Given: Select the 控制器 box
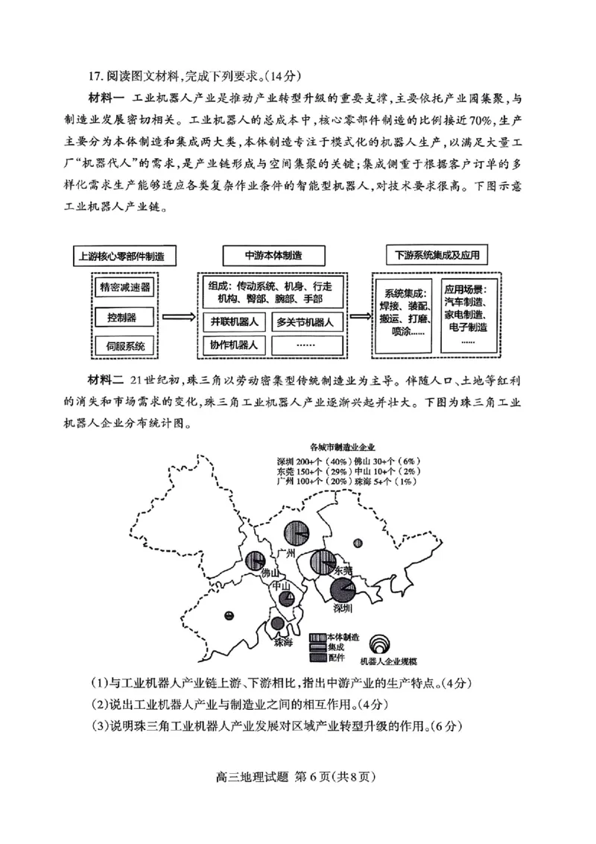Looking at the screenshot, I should [121, 318].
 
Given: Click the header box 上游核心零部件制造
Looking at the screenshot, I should [126, 256].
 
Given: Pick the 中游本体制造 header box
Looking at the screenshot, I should [274, 255].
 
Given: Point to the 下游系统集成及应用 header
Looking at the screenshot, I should [437, 255].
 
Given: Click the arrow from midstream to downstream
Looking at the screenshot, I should [358, 317].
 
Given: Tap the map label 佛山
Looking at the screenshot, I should [270, 573].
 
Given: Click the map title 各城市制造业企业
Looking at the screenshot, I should [342, 447].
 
